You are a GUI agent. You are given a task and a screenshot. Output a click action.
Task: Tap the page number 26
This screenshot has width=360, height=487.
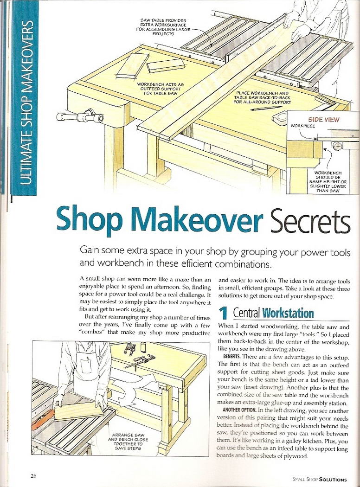point(34,476)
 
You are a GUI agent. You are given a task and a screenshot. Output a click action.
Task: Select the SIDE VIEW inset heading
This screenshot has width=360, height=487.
point(323,120)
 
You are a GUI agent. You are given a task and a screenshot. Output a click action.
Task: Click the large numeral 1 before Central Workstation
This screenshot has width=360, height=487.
point(223,313)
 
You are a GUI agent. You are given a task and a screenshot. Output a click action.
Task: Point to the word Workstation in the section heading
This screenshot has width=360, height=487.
point(288,313)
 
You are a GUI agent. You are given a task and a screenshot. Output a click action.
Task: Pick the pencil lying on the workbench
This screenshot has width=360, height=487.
point(261,108)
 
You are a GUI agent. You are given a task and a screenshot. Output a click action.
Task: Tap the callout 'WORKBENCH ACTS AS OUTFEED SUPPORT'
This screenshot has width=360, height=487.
point(160,89)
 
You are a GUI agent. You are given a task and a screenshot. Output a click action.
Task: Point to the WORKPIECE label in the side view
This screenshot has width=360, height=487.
point(302,126)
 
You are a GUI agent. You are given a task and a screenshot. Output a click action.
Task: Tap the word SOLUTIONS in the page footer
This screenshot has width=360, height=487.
point(333,480)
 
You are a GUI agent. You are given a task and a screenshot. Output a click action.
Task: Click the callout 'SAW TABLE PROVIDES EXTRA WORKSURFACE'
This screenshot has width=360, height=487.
point(164,27)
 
